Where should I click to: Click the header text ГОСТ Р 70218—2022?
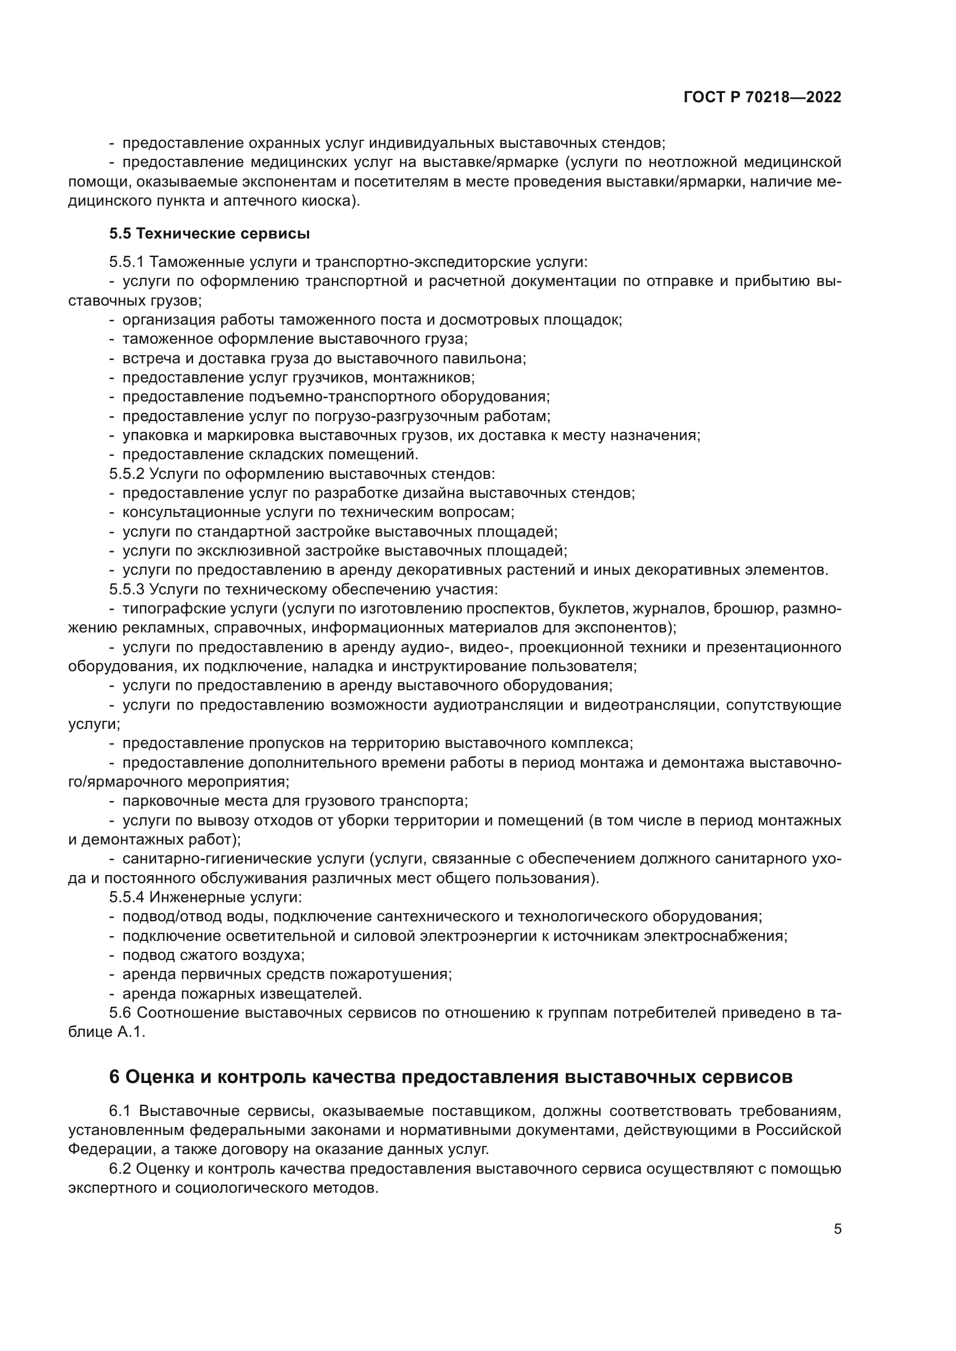click(x=762, y=97)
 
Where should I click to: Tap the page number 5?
click(x=837, y=1229)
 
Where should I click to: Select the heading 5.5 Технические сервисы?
click(x=209, y=233)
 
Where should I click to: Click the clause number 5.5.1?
click(x=127, y=262)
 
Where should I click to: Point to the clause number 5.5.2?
click(x=127, y=474)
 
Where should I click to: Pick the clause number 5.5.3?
click(x=127, y=589)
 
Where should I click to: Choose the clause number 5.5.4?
click(x=127, y=898)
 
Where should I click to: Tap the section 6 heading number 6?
click(x=114, y=1076)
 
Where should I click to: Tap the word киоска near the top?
click(x=332, y=200)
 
